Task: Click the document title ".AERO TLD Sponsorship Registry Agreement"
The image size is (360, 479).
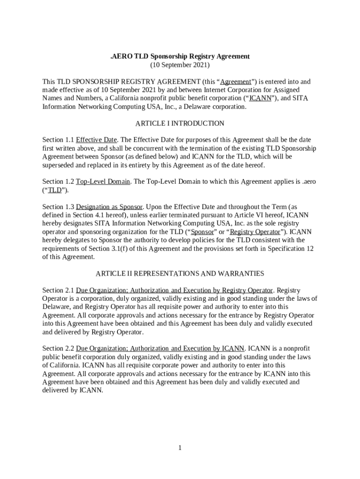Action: (180, 57)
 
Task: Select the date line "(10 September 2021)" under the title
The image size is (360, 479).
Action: (180, 65)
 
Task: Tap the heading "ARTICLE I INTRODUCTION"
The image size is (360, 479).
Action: (180, 123)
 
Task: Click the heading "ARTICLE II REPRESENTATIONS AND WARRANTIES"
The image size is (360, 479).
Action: (180, 274)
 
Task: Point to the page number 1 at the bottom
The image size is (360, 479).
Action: (180, 448)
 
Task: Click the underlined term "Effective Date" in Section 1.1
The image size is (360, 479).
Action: (96, 140)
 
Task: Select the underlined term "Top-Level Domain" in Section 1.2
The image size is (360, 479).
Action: (103, 181)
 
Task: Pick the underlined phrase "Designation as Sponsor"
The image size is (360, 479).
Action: (109, 207)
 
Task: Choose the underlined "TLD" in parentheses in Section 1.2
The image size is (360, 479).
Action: (55, 190)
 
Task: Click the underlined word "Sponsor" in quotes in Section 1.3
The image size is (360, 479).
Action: (202, 232)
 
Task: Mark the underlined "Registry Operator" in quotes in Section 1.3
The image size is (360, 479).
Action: (255, 232)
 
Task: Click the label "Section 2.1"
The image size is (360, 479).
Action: (58, 290)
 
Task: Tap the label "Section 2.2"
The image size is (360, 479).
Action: (58, 348)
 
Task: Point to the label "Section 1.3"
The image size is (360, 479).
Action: (58, 207)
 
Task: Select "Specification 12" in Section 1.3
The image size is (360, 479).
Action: (290, 249)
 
